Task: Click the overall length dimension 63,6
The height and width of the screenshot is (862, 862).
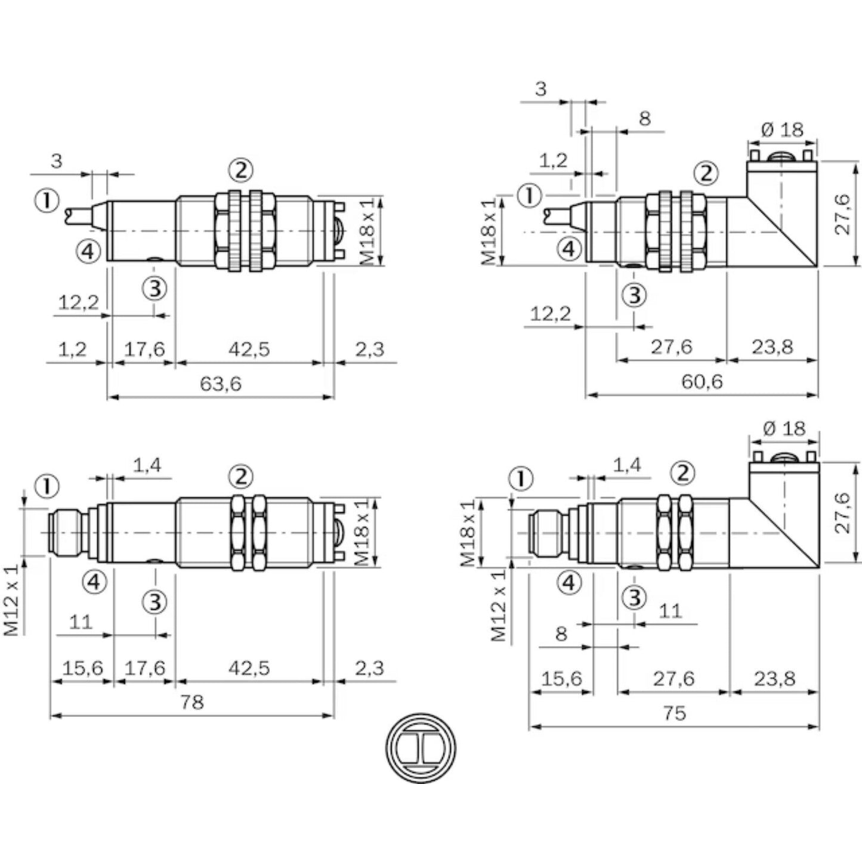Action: click(x=220, y=384)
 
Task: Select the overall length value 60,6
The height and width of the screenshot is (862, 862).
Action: click(x=702, y=381)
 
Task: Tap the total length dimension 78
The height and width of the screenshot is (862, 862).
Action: click(x=191, y=702)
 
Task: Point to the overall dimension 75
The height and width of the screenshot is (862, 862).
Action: click(x=674, y=713)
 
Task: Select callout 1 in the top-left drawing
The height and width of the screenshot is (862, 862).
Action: click(x=47, y=200)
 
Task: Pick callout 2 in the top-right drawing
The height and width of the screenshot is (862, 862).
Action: click(x=706, y=174)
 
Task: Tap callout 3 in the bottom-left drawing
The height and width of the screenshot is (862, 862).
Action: click(x=155, y=601)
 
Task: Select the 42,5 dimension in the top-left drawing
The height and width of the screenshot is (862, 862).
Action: click(x=249, y=349)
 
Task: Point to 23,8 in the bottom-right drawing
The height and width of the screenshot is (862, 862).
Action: click(x=774, y=679)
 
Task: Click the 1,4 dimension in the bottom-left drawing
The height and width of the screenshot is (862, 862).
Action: click(x=147, y=465)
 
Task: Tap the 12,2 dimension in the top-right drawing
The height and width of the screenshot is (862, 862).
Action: click(x=550, y=314)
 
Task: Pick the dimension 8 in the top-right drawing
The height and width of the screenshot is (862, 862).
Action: click(x=644, y=119)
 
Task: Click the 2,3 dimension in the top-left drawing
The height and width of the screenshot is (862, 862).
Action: click(x=369, y=349)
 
